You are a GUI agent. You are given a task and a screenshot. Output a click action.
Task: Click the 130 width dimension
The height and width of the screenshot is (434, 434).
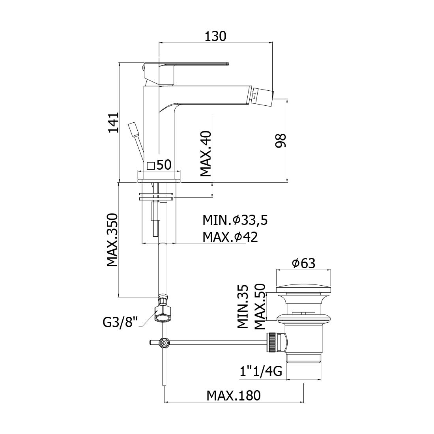215,36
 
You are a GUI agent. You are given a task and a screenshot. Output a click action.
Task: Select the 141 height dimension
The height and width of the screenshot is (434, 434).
114,123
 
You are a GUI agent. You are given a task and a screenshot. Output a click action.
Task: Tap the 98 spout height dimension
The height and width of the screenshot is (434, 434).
281,140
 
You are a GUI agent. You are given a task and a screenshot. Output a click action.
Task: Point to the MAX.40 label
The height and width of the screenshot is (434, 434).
206,153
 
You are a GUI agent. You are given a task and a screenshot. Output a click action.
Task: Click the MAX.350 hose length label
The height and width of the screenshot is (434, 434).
112,240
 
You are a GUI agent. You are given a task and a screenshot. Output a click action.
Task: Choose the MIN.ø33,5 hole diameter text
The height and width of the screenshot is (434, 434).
235,220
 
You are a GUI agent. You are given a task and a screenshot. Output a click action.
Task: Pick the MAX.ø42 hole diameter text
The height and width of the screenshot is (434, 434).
230,237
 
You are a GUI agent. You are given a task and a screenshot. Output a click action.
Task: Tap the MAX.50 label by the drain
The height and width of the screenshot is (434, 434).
260,307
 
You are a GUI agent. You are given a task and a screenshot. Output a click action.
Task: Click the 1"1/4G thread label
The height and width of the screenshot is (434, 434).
261,371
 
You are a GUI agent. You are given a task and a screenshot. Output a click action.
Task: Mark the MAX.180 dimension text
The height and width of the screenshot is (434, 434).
234,395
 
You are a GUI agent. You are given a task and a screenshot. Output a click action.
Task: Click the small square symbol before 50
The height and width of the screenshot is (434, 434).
151,166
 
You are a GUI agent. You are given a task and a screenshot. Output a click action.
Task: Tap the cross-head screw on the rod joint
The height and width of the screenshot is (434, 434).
165,343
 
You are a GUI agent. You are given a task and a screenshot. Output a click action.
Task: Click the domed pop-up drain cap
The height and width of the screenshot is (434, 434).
304,289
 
